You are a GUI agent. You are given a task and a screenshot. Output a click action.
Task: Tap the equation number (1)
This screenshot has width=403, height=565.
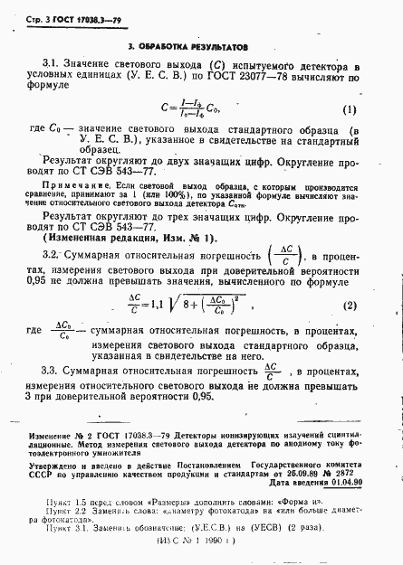(x=349, y=111)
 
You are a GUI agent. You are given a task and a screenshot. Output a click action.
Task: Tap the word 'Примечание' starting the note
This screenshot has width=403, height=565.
(x=67, y=185)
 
